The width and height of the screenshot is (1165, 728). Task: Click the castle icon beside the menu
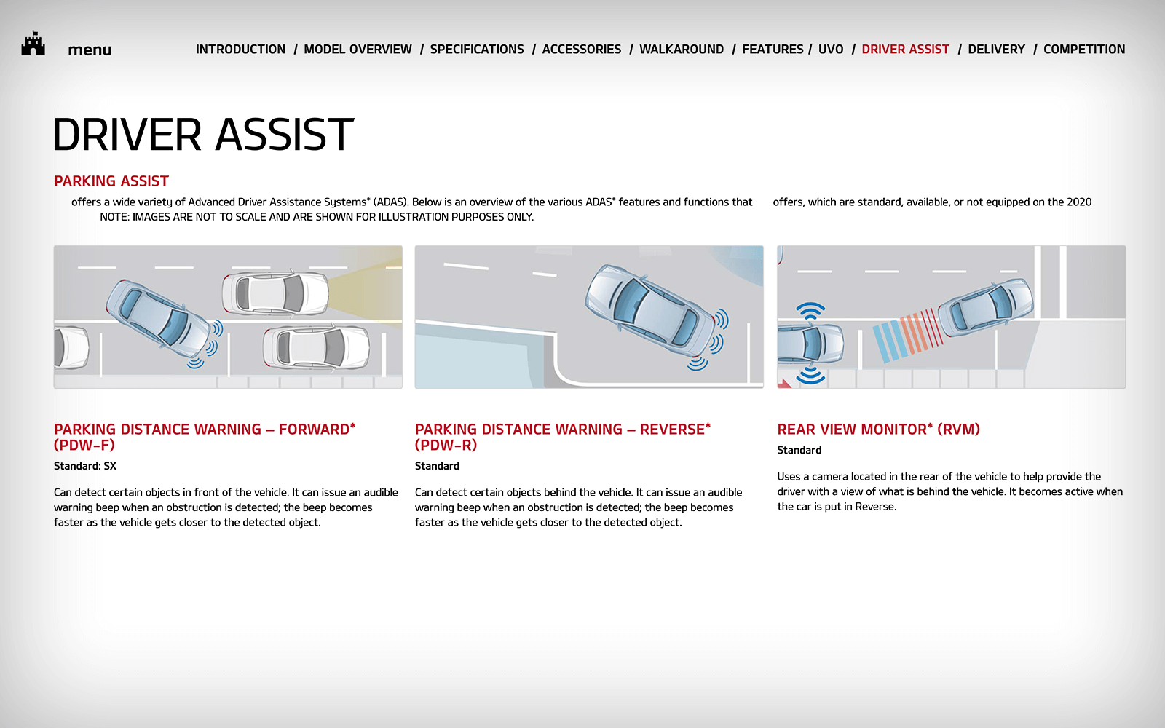(x=33, y=43)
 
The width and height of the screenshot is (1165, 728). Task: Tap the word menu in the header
(x=90, y=50)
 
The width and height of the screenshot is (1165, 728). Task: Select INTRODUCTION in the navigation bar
(x=240, y=50)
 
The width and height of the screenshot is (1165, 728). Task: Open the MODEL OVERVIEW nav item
(x=358, y=50)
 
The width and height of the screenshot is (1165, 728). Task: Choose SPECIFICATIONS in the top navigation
(x=477, y=50)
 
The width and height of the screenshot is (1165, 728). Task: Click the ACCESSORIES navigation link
(x=582, y=50)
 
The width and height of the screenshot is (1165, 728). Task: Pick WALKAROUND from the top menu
(x=682, y=50)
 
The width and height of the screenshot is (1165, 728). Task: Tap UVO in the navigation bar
(x=831, y=50)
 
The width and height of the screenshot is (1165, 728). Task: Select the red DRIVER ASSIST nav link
(x=906, y=50)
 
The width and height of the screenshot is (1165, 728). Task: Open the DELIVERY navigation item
(x=997, y=50)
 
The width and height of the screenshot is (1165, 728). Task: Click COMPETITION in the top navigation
(x=1084, y=50)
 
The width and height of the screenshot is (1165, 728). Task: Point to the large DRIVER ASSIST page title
(x=203, y=134)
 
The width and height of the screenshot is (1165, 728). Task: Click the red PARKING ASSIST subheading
(x=111, y=181)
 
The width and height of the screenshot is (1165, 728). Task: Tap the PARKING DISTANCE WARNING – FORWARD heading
(x=205, y=437)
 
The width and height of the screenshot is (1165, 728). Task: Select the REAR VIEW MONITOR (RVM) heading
(x=878, y=429)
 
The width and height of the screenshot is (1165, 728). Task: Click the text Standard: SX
(x=85, y=466)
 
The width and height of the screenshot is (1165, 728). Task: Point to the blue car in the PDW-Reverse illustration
(x=651, y=312)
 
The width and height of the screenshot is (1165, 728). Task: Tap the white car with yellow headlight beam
(x=275, y=293)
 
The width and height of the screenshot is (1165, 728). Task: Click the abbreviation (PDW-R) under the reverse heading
(x=446, y=445)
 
